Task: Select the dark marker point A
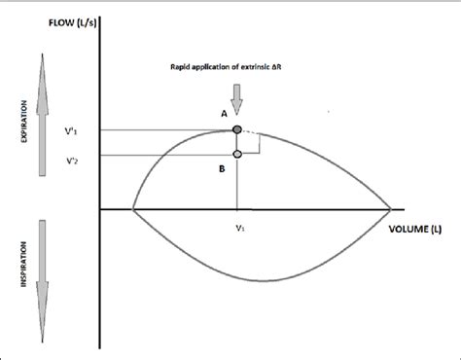coord(237,129)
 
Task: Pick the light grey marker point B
coord(237,154)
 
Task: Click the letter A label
coord(224,114)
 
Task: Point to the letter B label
coord(223,167)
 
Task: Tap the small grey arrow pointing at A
coord(237,95)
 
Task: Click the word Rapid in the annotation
coord(183,67)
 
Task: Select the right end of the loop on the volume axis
coord(391,208)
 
